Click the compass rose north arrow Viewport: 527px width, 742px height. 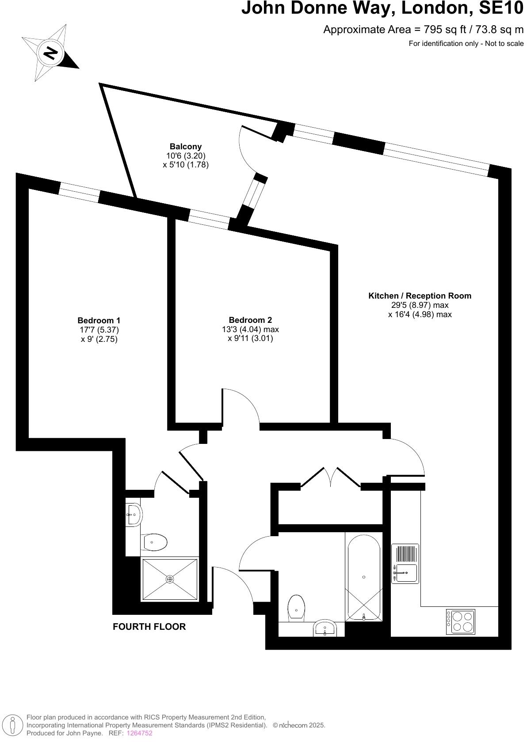(50, 53)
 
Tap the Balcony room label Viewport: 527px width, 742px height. (185, 146)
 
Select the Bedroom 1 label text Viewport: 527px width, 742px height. (99, 320)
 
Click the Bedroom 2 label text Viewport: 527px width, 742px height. (250, 320)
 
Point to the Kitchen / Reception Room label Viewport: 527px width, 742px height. (420, 295)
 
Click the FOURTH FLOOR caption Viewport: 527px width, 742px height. (149, 626)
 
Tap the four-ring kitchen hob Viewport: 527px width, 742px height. (460, 621)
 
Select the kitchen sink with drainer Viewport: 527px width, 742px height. (405, 564)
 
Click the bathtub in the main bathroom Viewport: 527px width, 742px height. (363, 577)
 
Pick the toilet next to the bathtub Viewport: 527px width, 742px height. (296, 607)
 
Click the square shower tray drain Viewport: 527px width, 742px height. (170, 579)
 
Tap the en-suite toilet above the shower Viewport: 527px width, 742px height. (153, 541)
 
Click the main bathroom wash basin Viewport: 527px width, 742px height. (325, 629)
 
